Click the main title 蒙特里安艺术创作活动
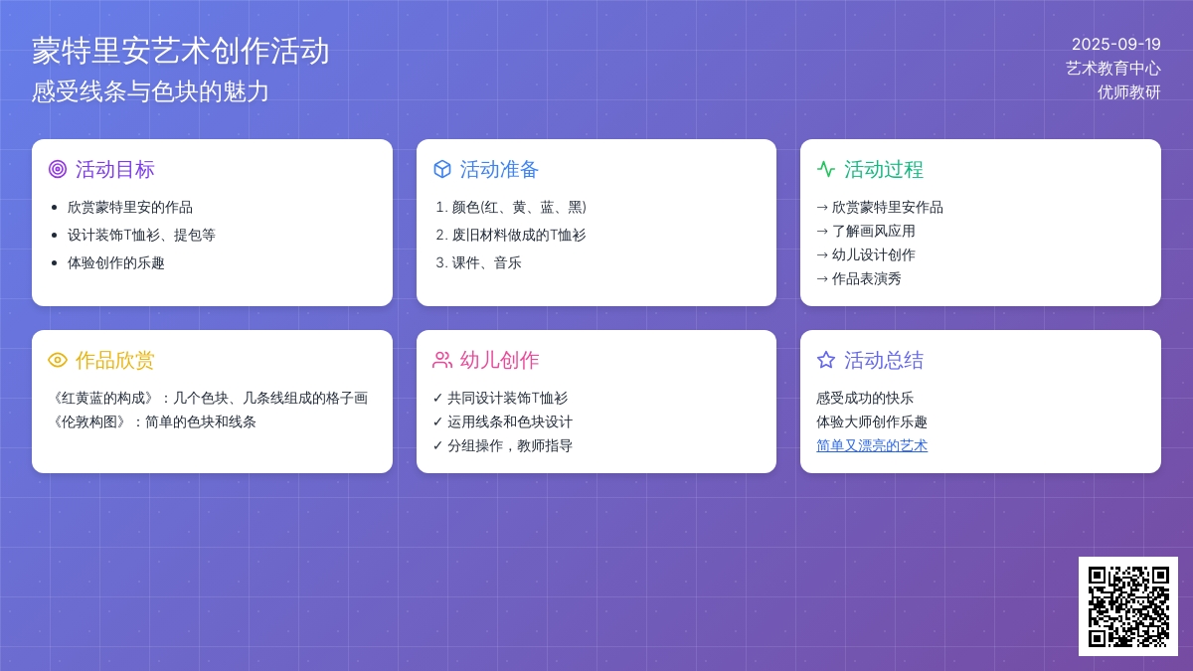[181, 52]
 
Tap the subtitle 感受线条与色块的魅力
[150, 91]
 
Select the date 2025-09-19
[1115, 44]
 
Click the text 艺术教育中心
[1113, 69]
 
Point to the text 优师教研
[1129, 92]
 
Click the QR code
[1128, 606]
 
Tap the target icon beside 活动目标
[58, 169]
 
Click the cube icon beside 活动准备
[442, 169]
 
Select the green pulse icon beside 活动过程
[826, 169]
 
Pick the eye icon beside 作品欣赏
[58, 360]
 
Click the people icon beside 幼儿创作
[442, 360]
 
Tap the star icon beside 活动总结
[826, 360]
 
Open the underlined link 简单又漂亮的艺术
[872, 445]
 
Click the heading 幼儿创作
[499, 361]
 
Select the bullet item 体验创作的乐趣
[116, 263]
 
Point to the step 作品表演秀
[867, 279]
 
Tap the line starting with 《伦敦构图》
[154, 422]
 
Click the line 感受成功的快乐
[865, 399]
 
